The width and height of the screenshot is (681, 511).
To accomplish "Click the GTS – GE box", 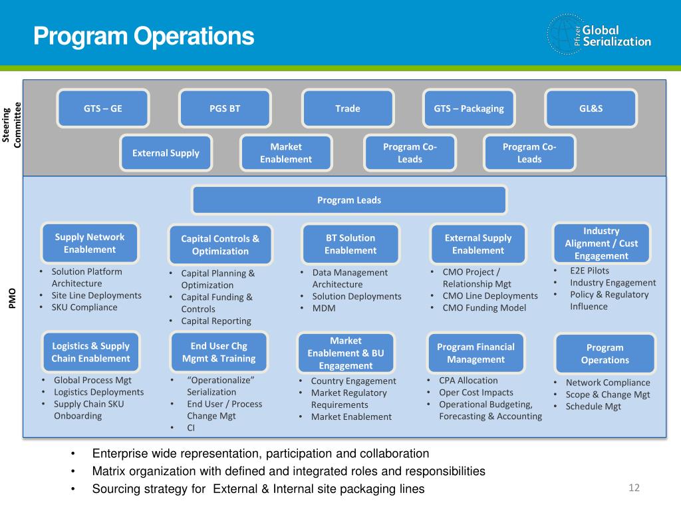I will [x=103, y=108].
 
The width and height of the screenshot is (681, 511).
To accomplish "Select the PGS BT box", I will [x=225, y=108].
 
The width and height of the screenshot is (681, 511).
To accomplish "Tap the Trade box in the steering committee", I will [x=348, y=108].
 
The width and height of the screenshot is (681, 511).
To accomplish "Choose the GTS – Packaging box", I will [x=469, y=108].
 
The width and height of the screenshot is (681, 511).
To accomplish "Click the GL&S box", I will [x=591, y=108].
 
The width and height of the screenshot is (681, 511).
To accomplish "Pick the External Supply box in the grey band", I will [x=166, y=153].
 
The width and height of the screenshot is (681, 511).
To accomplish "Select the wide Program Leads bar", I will [x=349, y=200].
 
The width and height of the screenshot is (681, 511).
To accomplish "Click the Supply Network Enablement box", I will [x=90, y=244].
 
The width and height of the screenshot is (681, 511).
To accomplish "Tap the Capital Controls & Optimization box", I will [x=220, y=245].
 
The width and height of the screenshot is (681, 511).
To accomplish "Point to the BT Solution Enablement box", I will [x=350, y=244].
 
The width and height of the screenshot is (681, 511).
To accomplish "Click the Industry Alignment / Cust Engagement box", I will [x=601, y=243].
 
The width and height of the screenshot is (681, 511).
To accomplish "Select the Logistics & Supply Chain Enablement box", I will [x=90, y=352].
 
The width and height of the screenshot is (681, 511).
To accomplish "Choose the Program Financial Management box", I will [x=476, y=353].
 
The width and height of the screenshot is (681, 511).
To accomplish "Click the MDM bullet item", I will [x=324, y=309].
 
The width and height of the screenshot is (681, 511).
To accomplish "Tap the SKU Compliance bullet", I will [x=84, y=307].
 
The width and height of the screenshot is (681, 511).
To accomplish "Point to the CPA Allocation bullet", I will [x=468, y=381].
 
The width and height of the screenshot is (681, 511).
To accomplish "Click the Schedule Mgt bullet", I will [x=593, y=407].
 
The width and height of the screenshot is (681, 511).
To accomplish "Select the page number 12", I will [x=634, y=488].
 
